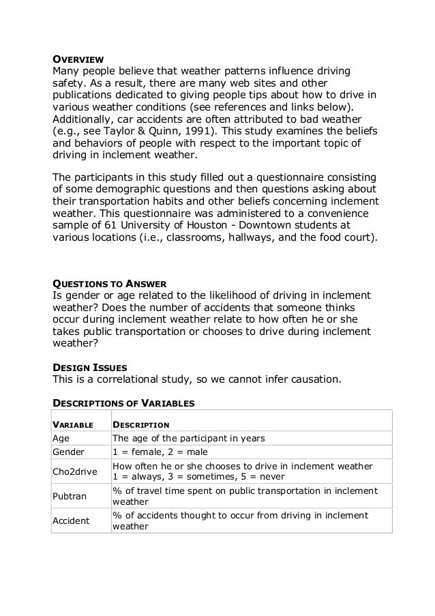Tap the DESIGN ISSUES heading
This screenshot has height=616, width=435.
point(90,366)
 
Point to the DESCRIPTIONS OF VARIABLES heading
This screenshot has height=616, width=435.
point(123,402)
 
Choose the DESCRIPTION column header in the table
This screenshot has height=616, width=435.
point(140,424)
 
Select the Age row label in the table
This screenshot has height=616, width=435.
point(61,439)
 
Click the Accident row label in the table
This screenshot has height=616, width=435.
point(71,520)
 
